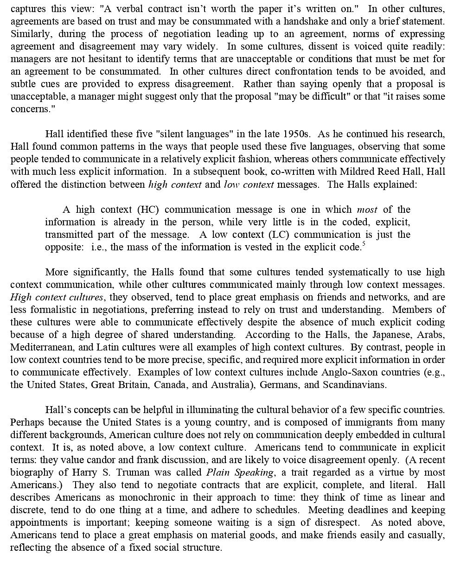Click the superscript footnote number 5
tap(364, 243)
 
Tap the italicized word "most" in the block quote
tap(367, 210)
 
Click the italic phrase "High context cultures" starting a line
tap(57, 297)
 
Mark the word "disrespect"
tap(333, 522)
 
